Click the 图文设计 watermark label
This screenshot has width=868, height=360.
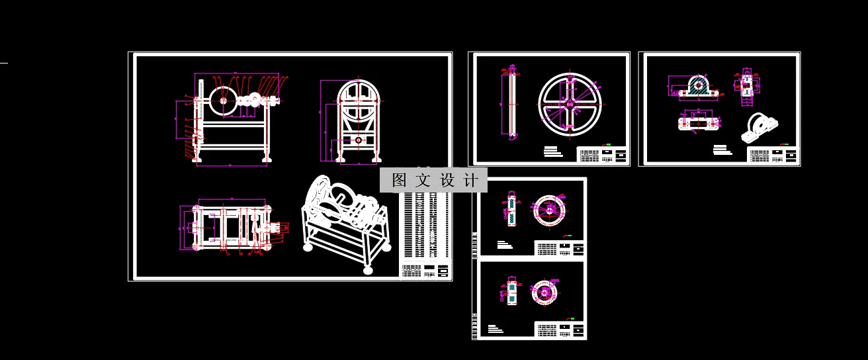(434, 180)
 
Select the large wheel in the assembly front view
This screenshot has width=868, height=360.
(223, 101)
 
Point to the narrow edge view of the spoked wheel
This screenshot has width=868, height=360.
(511, 103)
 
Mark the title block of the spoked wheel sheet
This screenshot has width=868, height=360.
(603, 155)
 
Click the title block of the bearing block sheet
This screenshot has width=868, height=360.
(773, 156)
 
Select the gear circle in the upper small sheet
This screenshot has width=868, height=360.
(550, 208)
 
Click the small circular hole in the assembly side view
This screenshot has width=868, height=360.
(359, 140)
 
